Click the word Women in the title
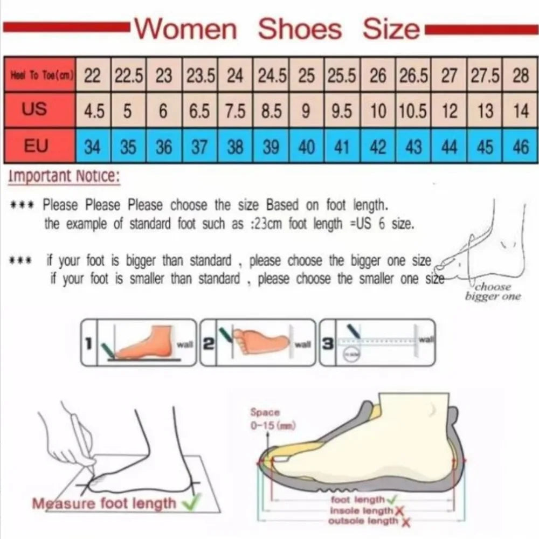point(185,29)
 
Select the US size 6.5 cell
point(199,112)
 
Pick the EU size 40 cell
point(306,147)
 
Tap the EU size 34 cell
point(92,147)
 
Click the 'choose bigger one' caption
point(493,292)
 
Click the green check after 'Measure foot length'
point(189,502)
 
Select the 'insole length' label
point(362,510)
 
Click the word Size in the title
point(391,29)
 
